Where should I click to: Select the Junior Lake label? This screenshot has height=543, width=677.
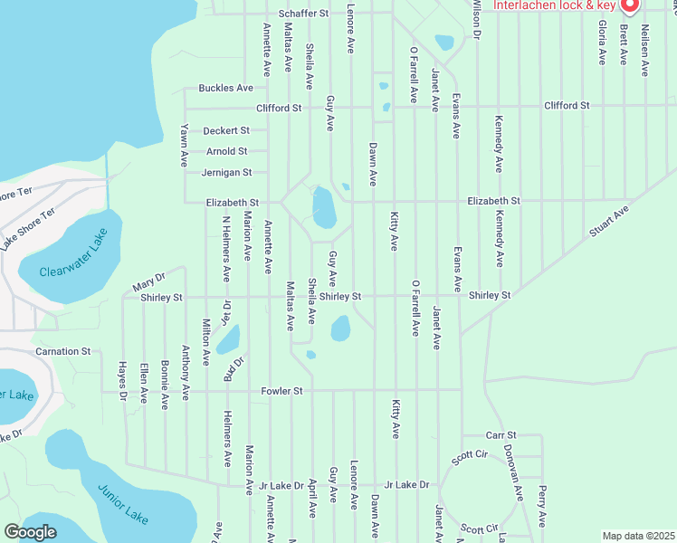[123, 505]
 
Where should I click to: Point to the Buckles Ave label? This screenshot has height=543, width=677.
[226, 88]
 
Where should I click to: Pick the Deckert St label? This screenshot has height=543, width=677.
[225, 130]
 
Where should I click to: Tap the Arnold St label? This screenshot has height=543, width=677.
[226, 151]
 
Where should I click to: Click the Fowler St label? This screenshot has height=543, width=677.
[281, 391]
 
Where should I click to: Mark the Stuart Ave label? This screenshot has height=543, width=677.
[608, 221]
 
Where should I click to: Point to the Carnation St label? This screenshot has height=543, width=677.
[62, 350]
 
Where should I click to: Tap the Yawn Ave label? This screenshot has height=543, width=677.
[184, 145]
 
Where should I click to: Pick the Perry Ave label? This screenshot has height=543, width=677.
[541, 506]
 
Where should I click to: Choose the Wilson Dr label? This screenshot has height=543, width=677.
[476, 18]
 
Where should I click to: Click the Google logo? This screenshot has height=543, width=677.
[30, 532]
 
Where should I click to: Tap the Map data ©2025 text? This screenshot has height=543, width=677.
[638, 536]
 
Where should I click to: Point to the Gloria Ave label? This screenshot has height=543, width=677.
[601, 42]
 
